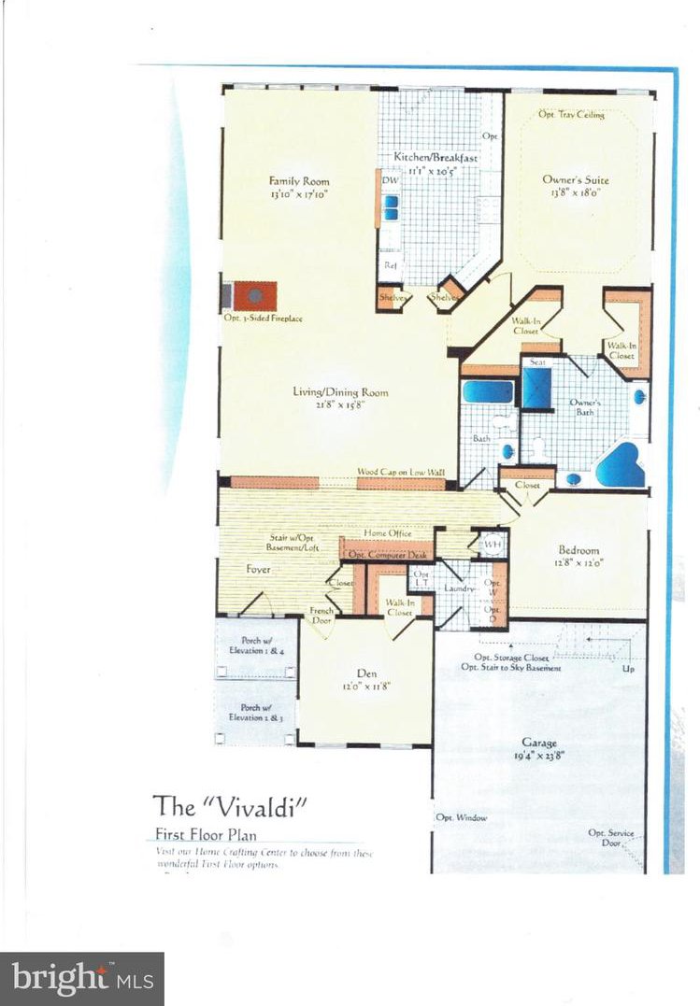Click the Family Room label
[x=299, y=181]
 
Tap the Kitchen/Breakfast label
[x=435, y=157]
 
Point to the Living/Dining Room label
[x=340, y=392]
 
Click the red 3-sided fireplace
[x=254, y=295]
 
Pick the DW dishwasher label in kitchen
[x=388, y=179]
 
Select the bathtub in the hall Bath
[x=487, y=390]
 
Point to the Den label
[x=365, y=673]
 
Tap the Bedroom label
[x=579, y=550]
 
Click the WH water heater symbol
[x=493, y=542]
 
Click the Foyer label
[x=258, y=568]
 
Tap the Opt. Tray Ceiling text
[x=571, y=115]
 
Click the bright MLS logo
[x=81, y=979]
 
